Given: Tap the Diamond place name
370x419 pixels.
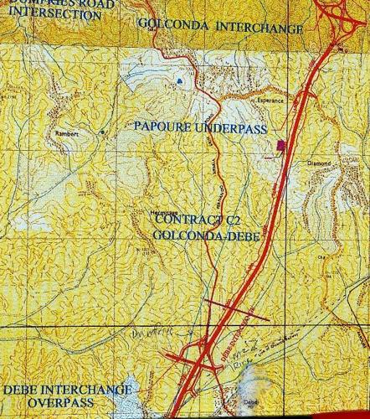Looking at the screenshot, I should (319, 163).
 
